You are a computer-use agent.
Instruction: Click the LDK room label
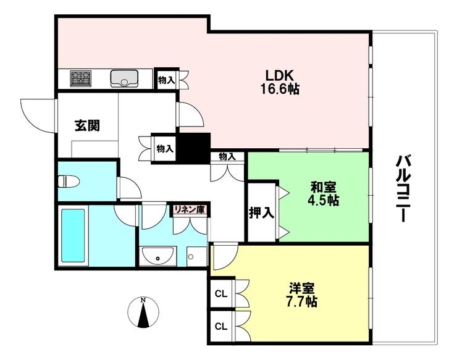pos(279,75)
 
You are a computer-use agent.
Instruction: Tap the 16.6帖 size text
pos(279,90)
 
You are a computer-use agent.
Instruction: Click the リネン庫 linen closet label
pos(189,210)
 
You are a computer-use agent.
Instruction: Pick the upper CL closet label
pos(220,294)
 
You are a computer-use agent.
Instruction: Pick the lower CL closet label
pos(220,324)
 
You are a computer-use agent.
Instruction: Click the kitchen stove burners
pos(81,78)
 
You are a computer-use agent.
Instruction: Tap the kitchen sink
pos(124,78)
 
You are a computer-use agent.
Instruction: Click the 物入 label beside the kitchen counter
pos(166,79)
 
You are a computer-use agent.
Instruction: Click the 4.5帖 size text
pos(324,201)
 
